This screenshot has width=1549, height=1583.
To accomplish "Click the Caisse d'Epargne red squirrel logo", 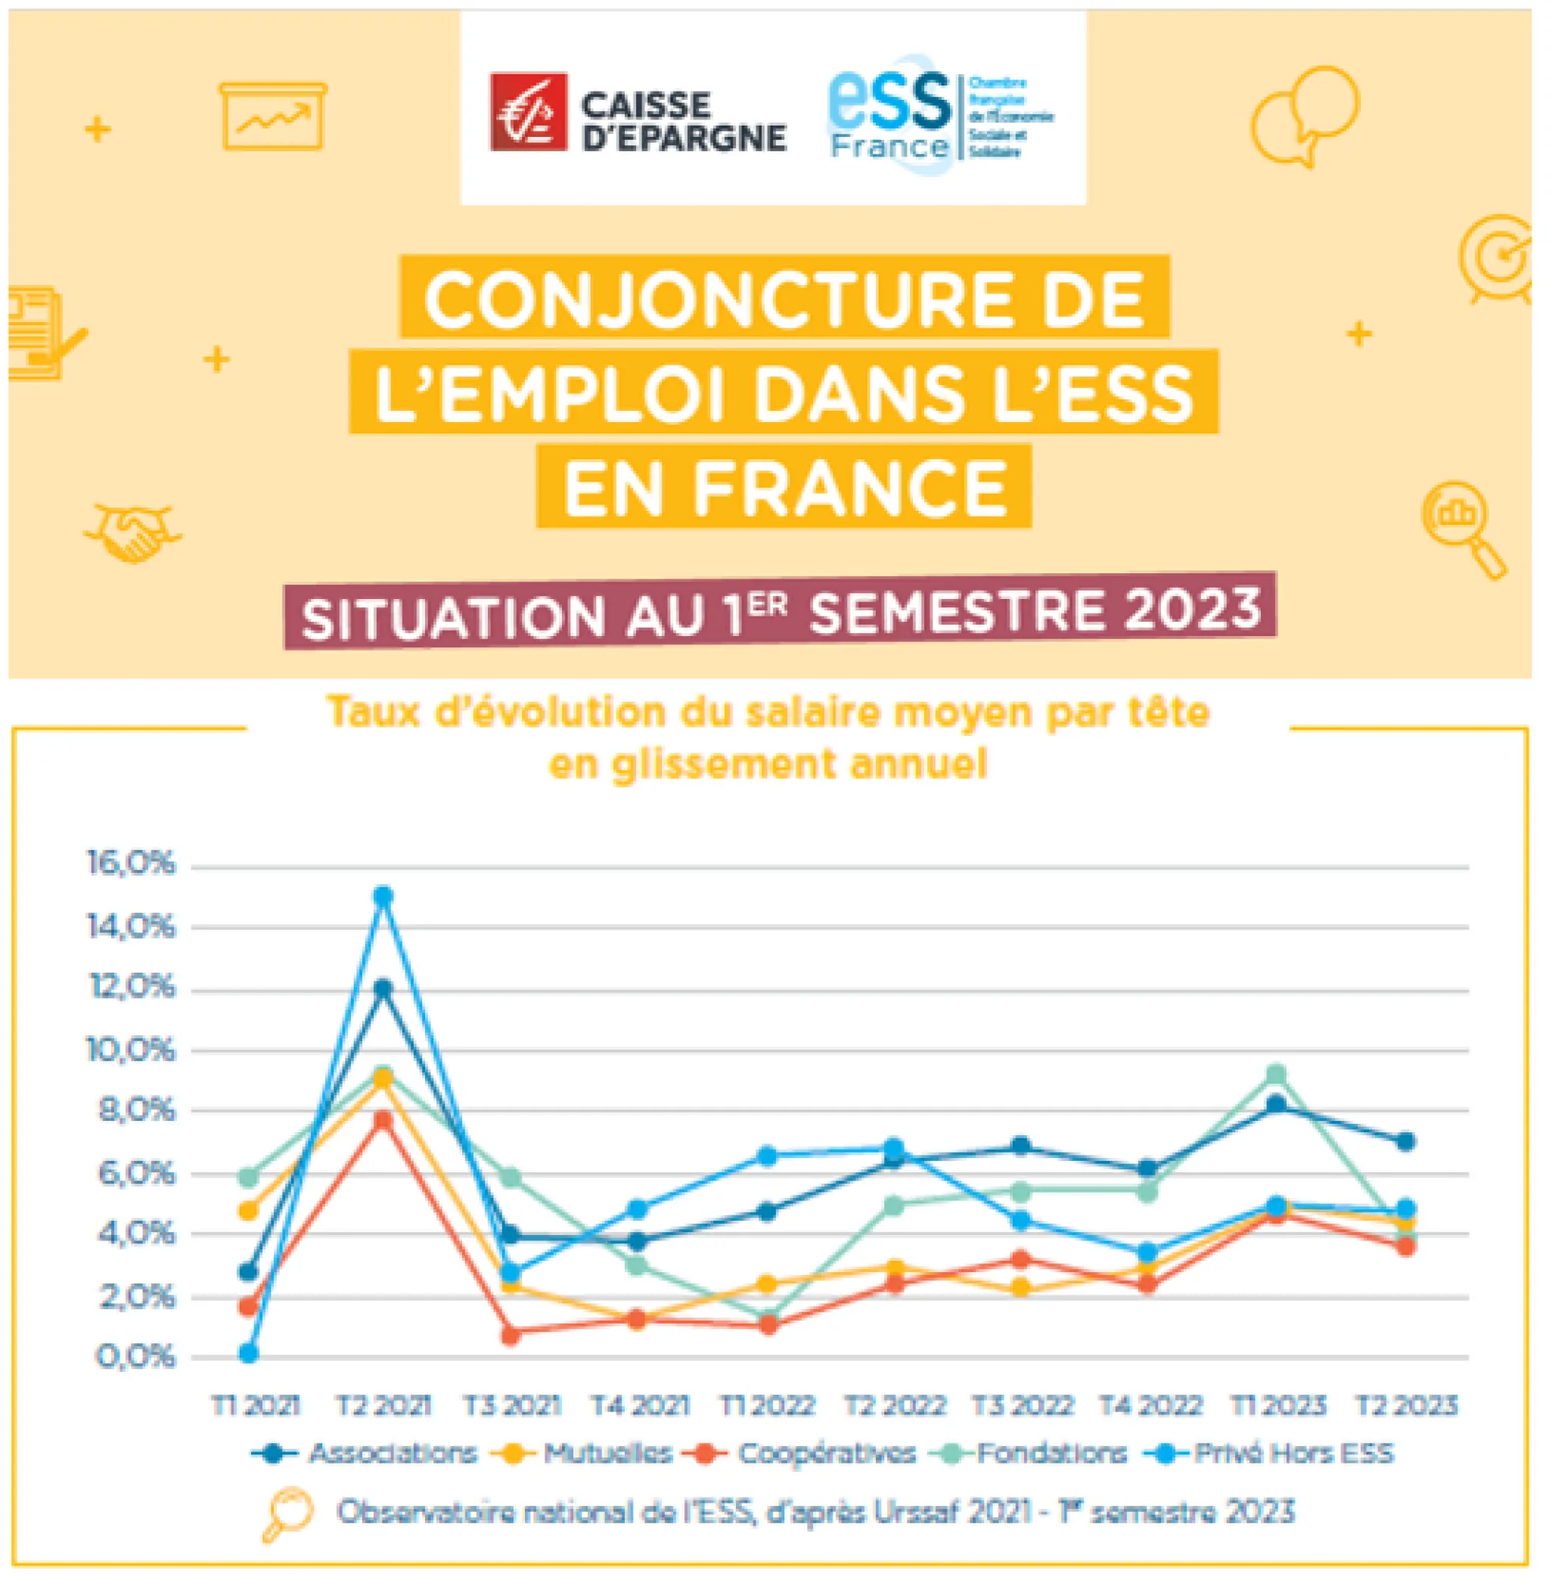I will coord(528,112).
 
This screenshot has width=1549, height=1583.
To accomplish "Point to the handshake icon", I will coord(131,532).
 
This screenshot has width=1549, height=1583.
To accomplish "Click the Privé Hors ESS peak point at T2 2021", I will coord(383,895).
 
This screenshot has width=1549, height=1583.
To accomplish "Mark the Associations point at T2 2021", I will coord(383,989).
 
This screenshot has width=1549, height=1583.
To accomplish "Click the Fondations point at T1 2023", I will coord(1277,1075).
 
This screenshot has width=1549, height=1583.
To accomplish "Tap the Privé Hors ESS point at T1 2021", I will coord(249,1353).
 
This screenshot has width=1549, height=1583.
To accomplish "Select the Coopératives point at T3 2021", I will coord(511,1335).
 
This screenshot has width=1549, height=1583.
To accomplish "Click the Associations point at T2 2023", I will coord(1405,1141).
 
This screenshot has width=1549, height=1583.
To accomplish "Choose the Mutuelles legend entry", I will coord(606,1453).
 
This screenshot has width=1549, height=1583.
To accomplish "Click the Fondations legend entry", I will coord(1051,1453).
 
